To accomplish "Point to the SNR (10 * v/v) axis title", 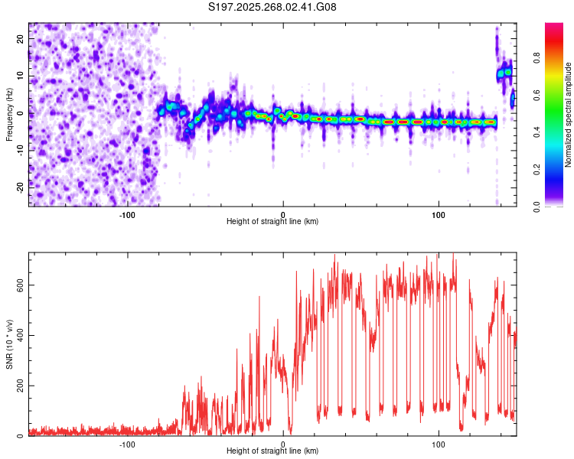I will [9, 343].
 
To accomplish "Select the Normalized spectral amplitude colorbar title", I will [569, 115].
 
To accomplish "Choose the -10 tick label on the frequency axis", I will [18, 148].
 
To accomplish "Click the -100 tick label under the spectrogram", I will [127, 213].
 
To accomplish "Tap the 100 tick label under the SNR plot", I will [439, 443].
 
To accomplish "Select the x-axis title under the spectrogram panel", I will [272, 222].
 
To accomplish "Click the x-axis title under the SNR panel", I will [272, 451].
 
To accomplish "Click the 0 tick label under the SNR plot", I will [283, 443].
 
